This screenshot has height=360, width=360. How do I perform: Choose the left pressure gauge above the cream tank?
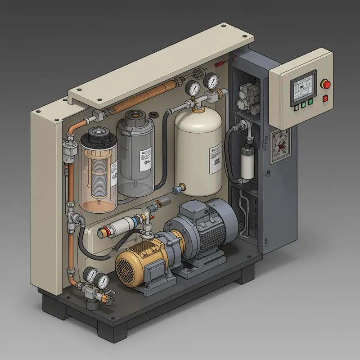[194, 87]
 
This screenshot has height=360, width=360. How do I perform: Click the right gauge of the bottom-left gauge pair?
[103, 281]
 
